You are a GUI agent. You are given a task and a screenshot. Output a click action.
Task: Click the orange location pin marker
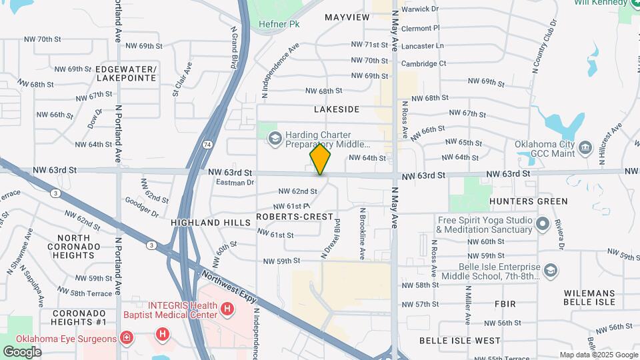click(320, 159)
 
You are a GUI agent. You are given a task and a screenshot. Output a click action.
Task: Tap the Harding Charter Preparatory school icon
click(274, 138)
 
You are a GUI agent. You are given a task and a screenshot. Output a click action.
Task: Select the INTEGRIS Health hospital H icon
click(228, 309)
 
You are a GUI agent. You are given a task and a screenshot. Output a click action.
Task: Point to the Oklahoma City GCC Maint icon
click(585, 147)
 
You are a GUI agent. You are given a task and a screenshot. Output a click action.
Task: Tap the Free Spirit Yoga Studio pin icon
click(543, 225)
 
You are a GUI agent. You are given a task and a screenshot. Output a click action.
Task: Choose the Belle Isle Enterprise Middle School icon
click(550, 270)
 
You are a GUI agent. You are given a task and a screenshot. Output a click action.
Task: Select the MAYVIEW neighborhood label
click(347, 17)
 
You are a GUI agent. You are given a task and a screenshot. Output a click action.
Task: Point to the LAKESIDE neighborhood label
click(337, 109)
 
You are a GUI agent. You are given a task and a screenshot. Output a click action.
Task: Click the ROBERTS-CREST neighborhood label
click(295, 217)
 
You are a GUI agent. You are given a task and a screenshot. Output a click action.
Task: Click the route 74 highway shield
click(208, 144)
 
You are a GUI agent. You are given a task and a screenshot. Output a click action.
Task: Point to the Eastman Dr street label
click(231, 182)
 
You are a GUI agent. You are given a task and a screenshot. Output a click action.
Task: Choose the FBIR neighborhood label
click(505, 304)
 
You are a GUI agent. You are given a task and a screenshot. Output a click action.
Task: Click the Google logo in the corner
click(22, 352)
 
